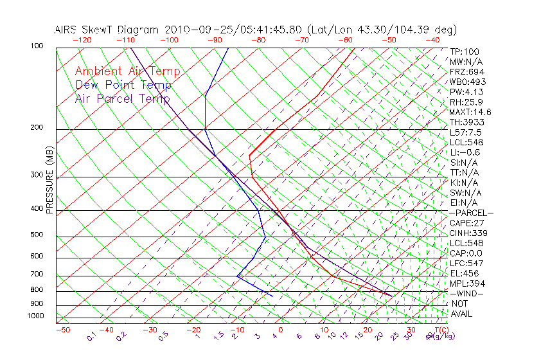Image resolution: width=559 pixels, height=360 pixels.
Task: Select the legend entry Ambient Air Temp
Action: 128,72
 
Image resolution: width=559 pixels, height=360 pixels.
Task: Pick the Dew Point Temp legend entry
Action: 123,85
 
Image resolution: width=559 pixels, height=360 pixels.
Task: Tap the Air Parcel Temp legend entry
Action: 122,99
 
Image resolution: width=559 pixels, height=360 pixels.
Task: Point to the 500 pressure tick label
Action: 37,235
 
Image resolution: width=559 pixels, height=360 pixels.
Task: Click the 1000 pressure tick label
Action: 35,316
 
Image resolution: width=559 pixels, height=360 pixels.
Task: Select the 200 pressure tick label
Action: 37,128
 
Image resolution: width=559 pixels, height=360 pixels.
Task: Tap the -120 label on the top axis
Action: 82,40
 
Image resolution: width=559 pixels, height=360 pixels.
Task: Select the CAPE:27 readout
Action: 466,223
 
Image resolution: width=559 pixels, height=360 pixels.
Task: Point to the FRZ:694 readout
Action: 466,72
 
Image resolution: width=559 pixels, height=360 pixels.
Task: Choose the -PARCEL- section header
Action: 472,213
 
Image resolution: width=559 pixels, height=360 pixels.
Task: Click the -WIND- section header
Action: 466,294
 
